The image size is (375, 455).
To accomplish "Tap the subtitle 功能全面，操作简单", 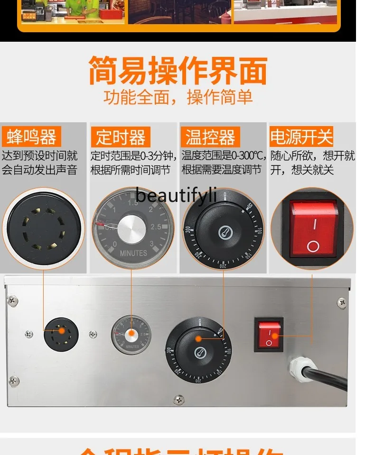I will [178, 98].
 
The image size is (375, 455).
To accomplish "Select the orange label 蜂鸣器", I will [31, 137].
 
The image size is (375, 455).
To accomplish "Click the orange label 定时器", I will [121, 137].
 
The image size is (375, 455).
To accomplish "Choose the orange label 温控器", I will [210, 137].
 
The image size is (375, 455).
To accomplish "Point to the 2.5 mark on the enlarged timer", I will [156, 227].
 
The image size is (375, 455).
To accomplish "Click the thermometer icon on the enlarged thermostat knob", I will [224, 233].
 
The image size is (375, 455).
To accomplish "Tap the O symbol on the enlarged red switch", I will [312, 246].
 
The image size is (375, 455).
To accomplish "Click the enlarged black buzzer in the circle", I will [43, 229].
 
